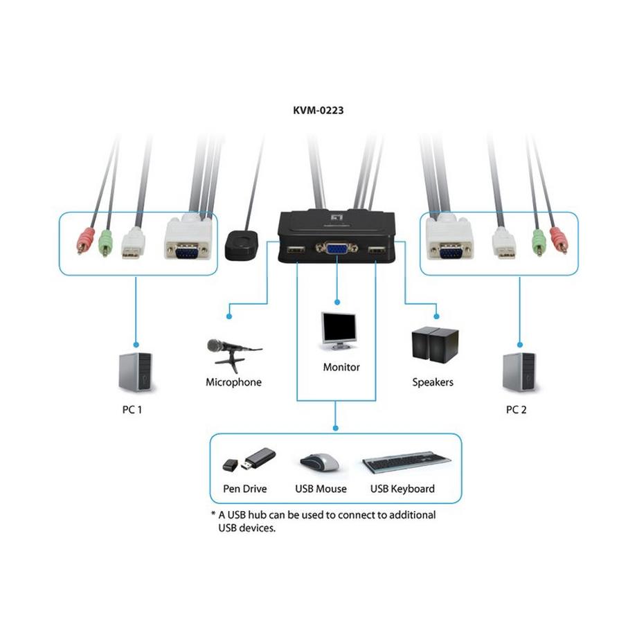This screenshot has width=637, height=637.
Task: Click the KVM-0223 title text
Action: [x=318, y=109]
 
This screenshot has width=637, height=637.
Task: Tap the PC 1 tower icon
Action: [x=136, y=372]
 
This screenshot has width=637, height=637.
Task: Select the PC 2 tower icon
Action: [x=519, y=372]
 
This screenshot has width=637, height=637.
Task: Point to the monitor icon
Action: [x=339, y=332]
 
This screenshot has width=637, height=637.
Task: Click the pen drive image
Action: [x=249, y=460]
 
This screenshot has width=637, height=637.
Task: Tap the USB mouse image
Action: [x=320, y=462]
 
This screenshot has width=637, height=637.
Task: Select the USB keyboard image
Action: [x=406, y=462]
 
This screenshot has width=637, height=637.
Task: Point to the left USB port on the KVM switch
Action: [x=294, y=250]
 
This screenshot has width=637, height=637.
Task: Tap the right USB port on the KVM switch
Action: [x=376, y=251]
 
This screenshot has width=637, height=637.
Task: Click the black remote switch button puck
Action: [x=242, y=244]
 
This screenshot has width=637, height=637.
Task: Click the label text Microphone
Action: [x=233, y=382]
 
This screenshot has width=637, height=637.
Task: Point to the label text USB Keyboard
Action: [x=402, y=489]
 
